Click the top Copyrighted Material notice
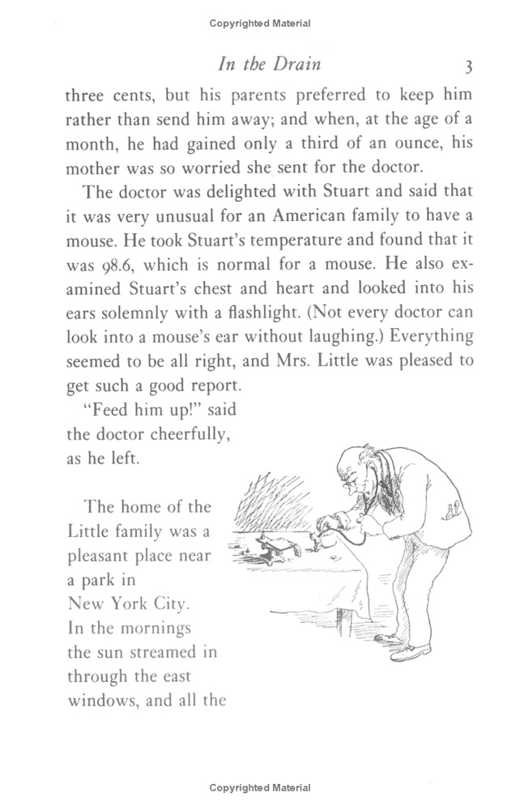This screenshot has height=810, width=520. point(259,24)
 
